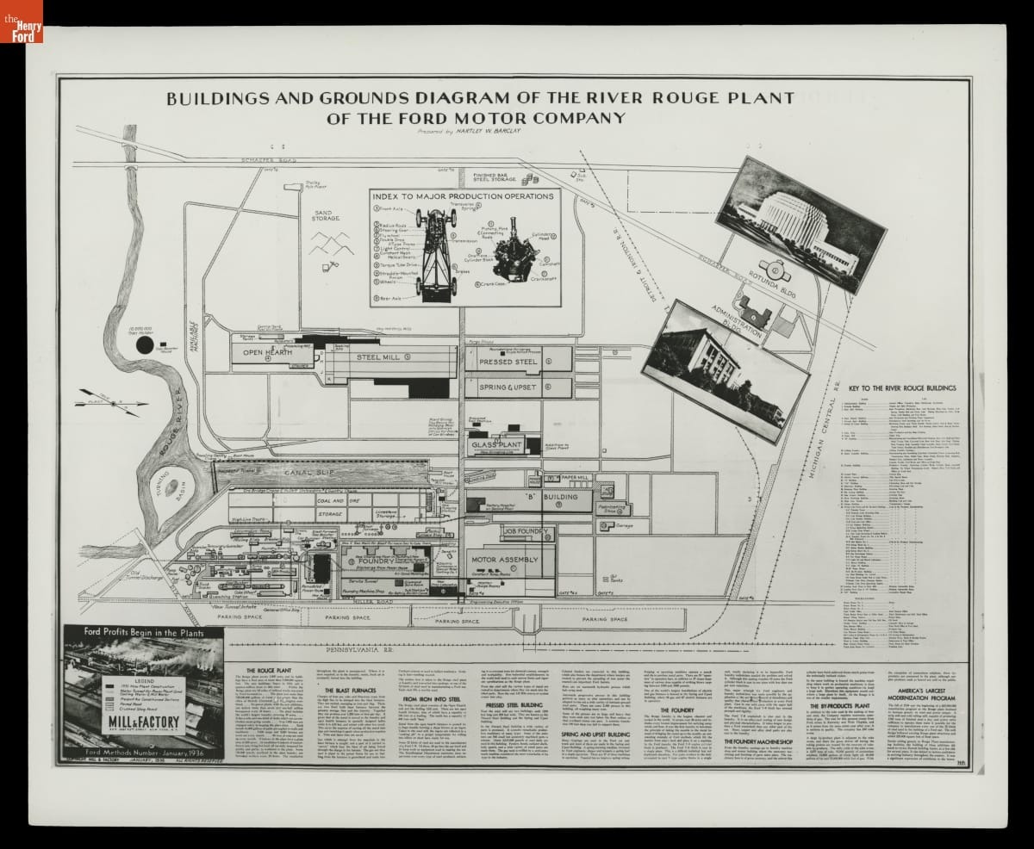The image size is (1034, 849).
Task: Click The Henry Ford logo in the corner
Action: pyautogui.click(x=21, y=21)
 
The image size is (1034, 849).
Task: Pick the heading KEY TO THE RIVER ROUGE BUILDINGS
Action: pyautogui.click(x=901, y=388)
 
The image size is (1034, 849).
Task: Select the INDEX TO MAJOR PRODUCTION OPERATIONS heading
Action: pyautogui.click(x=464, y=197)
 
